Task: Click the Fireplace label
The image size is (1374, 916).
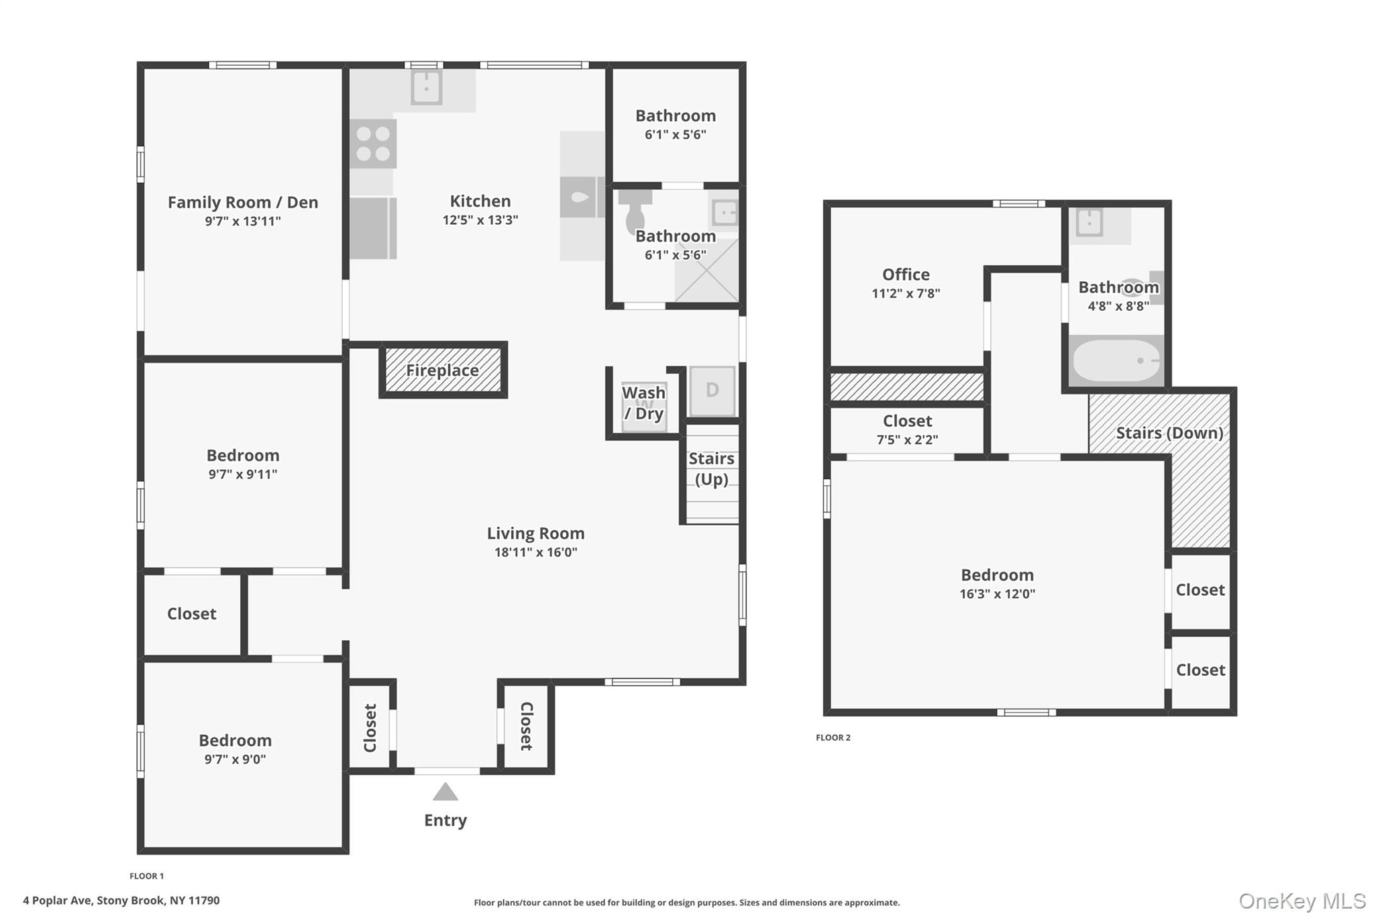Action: point(442,370)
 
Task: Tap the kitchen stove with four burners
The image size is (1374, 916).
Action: point(373,144)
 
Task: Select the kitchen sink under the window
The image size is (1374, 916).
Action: point(426,87)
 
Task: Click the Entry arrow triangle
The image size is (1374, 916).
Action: point(445,792)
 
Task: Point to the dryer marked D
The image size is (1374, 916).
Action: point(712,391)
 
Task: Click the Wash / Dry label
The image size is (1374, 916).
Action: point(644,403)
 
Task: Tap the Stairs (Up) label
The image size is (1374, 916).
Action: point(711,468)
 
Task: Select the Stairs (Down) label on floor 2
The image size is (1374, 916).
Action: point(1169,433)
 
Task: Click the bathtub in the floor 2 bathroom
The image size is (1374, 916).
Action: point(1116,361)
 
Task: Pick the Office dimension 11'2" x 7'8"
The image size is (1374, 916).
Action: point(906,293)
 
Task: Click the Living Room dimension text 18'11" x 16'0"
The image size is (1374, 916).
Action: point(535,552)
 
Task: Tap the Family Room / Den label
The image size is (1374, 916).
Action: point(243,202)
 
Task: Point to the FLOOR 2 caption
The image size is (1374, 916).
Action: point(833,737)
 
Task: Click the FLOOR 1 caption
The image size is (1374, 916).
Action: point(147,876)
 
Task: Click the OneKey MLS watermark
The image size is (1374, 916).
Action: point(1302,901)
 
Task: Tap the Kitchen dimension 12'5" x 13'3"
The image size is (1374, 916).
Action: point(480,219)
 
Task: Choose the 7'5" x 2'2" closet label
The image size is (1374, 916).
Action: point(907,440)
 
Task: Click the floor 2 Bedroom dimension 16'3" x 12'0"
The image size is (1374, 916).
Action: point(998,594)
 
